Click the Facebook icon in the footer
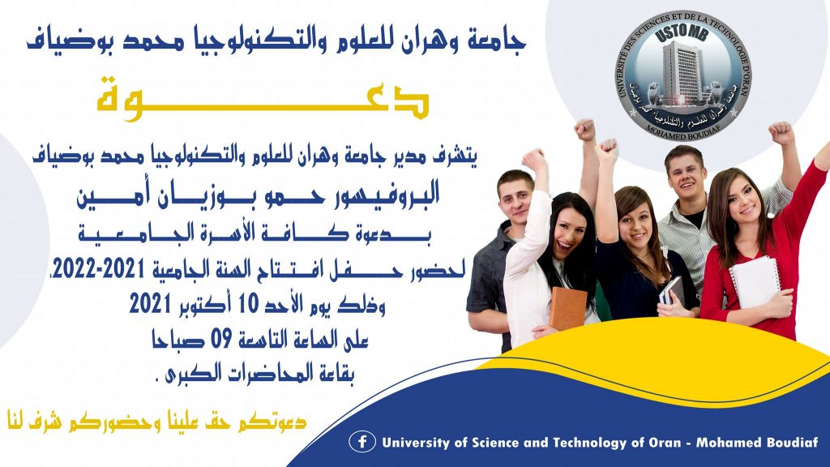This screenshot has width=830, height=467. point(362,442)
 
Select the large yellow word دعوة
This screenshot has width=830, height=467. point(263,99)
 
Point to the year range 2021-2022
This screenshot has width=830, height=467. point(98,269)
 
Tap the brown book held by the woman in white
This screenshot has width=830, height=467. point(568,308)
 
